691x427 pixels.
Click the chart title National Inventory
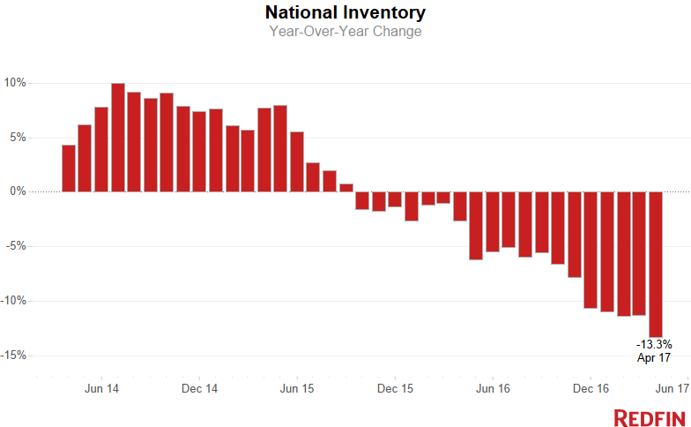(345, 12)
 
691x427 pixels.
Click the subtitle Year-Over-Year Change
(345, 32)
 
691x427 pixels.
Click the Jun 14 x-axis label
(102, 388)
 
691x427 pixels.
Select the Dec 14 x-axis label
(201, 388)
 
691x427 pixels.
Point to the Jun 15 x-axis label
(298, 388)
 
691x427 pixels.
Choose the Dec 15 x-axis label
(396, 388)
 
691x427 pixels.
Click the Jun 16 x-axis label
(493, 388)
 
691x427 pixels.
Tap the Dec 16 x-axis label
(591, 388)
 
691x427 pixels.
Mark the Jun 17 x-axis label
(672, 388)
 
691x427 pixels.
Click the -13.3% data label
(654, 344)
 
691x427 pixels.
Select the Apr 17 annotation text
(654, 357)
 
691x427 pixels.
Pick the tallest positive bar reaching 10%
(117, 138)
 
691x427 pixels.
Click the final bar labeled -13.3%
(656, 264)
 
